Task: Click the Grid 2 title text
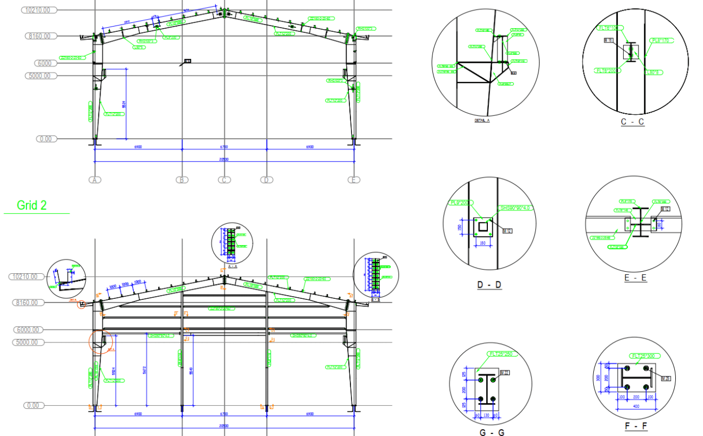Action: [x=31, y=205]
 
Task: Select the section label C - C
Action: [x=632, y=122]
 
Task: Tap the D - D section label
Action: [x=489, y=285]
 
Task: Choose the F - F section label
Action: [x=636, y=426]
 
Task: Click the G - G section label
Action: [x=491, y=432]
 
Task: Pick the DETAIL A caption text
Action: [x=481, y=121]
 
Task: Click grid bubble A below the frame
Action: [x=94, y=180]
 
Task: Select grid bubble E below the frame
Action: [x=354, y=180]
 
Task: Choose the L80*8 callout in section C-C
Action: [x=653, y=72]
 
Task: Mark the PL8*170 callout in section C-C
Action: [x=660, y=40]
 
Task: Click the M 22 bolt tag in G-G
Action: [x=504, y=372]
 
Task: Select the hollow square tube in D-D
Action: [x=483, y=227]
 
